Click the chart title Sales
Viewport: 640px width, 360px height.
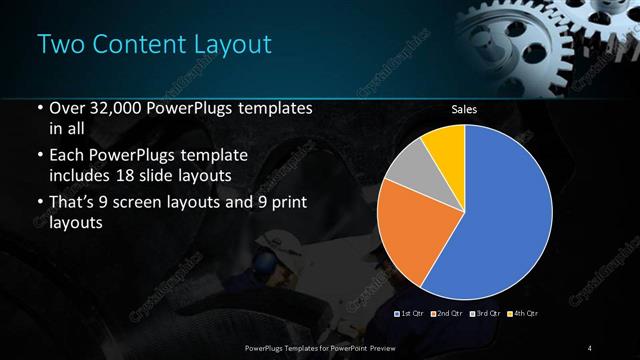click(463, 109)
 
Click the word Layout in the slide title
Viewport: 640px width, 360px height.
click(226, 44)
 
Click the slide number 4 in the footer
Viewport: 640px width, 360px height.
click(591, 347)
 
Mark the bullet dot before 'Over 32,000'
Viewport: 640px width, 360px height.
click(39, 109)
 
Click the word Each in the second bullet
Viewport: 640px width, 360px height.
click(68, 156)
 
